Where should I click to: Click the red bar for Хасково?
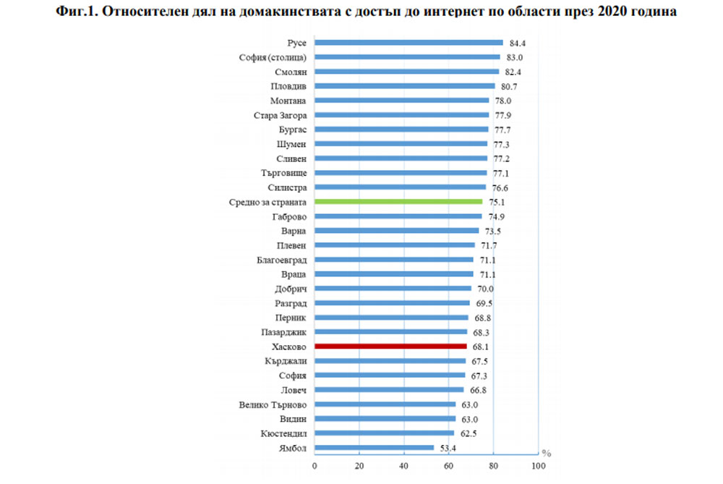390,347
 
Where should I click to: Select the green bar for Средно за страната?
398,202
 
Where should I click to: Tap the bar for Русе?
408,43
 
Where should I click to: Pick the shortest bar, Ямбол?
374,448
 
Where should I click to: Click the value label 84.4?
517,43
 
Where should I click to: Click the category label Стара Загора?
280,115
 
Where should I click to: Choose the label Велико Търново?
273,404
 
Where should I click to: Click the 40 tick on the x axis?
404,464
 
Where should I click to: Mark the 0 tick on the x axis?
315,464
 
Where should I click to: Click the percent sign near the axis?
547,454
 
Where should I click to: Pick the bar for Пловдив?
405,86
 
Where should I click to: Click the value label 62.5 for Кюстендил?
469,433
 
